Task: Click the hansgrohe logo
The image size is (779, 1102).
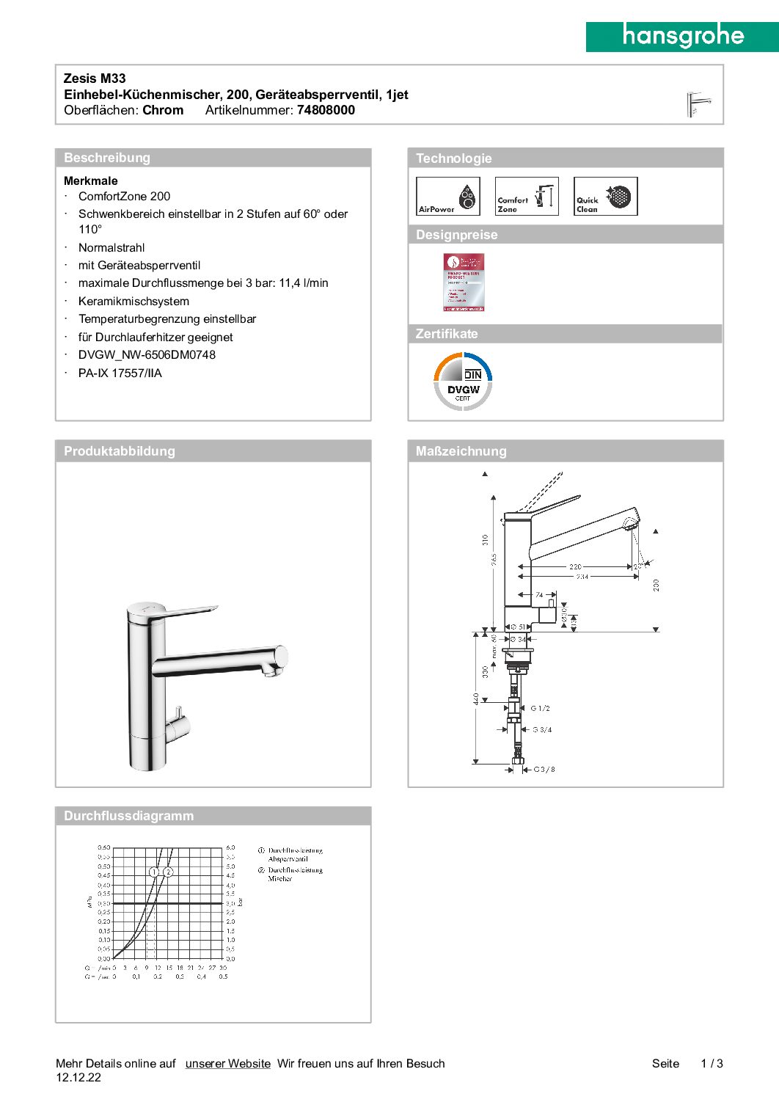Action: (682, 37)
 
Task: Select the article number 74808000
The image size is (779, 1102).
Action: (326, 110)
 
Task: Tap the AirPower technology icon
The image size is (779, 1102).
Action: (447, 197)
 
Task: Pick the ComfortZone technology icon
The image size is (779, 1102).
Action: (527, 197)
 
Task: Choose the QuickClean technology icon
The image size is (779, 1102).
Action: (605, 197)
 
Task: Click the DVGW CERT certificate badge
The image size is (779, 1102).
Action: (463, 382)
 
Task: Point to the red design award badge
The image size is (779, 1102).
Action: (464, 282)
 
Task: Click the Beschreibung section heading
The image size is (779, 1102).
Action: (107, 158)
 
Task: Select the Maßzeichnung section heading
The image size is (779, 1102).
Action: (461, 451)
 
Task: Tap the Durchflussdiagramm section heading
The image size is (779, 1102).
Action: (128, 816)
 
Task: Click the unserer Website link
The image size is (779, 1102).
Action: (227, 1063)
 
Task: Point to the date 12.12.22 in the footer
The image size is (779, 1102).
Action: (78, 1078)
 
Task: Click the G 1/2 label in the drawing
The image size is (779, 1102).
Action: (541, 708)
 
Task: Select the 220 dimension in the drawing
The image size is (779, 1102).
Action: (575, 566)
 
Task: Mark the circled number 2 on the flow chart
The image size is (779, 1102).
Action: (168, 872)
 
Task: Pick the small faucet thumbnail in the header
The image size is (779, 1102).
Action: (698, 104)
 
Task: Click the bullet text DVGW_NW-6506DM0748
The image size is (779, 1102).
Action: (147, 355)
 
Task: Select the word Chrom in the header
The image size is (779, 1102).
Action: (163, 110)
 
